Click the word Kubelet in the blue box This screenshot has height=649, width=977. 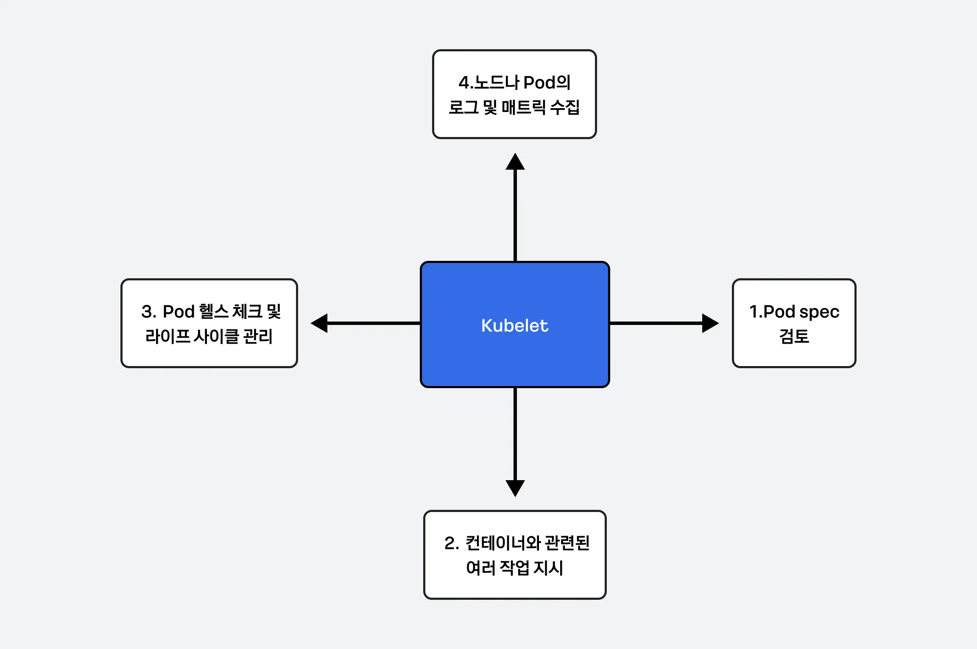[x=514, y=325]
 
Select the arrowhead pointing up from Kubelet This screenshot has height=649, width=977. [x=515, y=161]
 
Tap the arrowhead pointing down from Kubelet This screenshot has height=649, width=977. [x=515, y=488]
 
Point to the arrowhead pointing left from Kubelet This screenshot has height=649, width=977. [x=319, y=323]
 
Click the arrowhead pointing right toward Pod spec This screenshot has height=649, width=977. [x=710, y=323]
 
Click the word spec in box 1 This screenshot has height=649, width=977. [x=819, y=312]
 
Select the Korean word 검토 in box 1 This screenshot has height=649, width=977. [x=794, y=336]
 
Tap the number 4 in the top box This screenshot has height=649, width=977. [x=464, y=83]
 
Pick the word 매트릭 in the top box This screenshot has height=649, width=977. [x=524, y=107]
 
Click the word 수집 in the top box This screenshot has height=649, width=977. [x=565, y=107]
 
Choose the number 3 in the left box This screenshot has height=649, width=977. [x=147, y=312]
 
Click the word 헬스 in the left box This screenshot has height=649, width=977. [x=214, y=311]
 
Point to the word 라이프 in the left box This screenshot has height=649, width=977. [x=167, y=336]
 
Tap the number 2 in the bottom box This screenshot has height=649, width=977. [x=450, y=543]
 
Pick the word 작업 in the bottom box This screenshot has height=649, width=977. [x=515, y=568]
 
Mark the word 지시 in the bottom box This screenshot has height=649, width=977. [x=548, y=568]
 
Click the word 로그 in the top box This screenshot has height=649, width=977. [x=464, y=107]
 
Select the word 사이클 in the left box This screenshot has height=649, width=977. [x=217, y=336]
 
